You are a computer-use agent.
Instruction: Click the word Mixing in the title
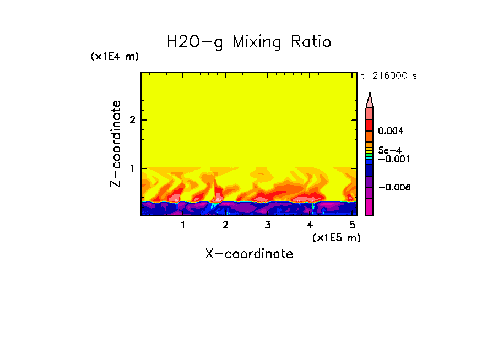point(256,42)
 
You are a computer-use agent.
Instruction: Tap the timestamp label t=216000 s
point(388,75)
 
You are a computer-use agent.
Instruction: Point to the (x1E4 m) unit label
point(115,57)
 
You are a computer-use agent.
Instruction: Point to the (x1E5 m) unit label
point(336,237)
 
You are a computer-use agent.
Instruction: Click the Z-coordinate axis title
point(116,144)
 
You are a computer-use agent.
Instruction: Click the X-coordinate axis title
point(249,254)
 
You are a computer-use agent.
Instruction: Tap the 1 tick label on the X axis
point(183,225)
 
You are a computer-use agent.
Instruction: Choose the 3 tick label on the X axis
point(268,225)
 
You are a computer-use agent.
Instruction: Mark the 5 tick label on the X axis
point(352,225)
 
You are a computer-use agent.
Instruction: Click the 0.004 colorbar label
point(391,131)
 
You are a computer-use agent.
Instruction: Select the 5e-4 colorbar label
point(389,150)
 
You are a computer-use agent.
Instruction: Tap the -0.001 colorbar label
point(392,159)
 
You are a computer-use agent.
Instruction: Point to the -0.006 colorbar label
point(394,187)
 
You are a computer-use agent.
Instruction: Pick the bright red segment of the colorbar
point(370,124)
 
